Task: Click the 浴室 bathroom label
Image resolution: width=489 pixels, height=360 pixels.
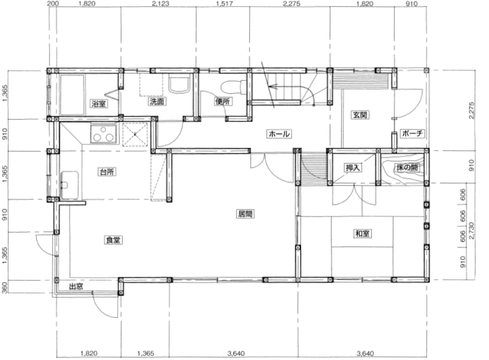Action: (99, 104)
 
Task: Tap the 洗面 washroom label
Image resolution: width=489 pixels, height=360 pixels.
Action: (157, 101)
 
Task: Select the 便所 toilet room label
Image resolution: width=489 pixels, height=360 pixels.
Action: (223, 101)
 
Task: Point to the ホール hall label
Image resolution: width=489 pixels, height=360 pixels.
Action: (279, 134)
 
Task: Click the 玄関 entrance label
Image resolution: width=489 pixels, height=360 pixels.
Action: (360, 115)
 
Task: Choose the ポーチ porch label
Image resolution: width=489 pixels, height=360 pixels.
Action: (412, 133)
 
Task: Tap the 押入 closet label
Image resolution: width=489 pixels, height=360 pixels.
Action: (353, 168)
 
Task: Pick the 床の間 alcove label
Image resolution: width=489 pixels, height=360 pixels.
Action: (407, 168)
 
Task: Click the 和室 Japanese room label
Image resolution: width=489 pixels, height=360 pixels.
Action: (362, 233)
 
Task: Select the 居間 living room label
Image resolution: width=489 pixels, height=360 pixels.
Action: (245, 214)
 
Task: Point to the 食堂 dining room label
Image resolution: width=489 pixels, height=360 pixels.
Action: (113, 240)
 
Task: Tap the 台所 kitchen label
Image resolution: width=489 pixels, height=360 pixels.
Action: (107, 172)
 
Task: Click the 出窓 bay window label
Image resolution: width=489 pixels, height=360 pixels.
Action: (76, 286)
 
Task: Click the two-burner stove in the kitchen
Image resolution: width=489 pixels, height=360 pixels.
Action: (104, 133)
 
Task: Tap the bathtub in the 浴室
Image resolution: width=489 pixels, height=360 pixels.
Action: (72, 95)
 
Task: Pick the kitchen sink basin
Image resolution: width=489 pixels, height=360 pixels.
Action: (69, 185)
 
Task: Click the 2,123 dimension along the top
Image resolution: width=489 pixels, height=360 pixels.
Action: (160, 3)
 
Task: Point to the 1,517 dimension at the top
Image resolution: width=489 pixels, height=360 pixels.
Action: (224, 3)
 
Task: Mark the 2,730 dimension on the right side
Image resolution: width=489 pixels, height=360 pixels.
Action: (471, 231)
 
